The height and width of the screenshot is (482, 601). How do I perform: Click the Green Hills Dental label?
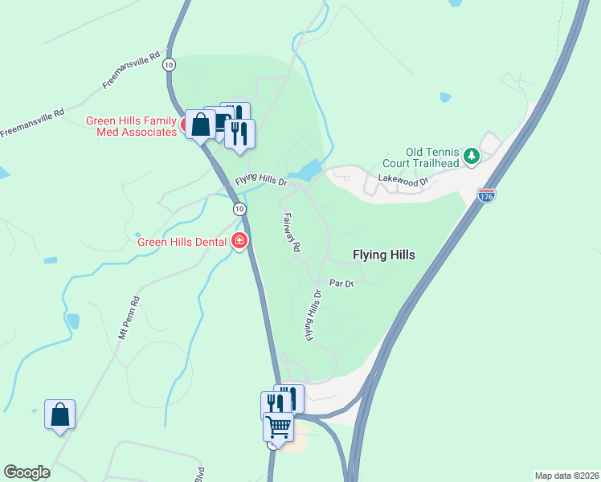[183, 241]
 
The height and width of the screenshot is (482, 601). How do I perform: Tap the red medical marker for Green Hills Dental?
[239, 240]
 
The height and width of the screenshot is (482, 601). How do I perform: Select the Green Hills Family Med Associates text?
[131, 127]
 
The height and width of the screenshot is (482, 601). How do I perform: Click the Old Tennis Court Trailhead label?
[432, 157]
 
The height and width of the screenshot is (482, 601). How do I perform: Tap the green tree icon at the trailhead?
[472, 156]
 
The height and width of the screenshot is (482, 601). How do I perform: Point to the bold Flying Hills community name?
[384, 255]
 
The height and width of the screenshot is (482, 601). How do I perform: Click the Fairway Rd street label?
[291, 233]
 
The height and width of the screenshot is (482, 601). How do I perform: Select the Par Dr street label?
[342, 283]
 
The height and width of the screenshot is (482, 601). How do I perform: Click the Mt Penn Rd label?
[129, 317]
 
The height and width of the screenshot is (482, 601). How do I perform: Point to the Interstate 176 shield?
[485, 195]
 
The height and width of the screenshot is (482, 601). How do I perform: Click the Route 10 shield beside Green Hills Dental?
[239, 209]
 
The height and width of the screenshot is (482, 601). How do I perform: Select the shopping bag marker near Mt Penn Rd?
[59, 415]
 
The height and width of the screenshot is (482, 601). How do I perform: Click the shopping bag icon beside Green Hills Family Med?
[200, 124]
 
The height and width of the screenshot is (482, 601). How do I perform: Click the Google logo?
[27, 472]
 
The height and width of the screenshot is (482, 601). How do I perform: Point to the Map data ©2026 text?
[566, 475]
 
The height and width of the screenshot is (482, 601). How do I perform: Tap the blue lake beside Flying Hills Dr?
[305, 170]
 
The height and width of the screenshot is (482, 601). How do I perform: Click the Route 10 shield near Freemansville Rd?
[168, 64]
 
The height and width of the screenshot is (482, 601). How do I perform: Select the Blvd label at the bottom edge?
[198, 472]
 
